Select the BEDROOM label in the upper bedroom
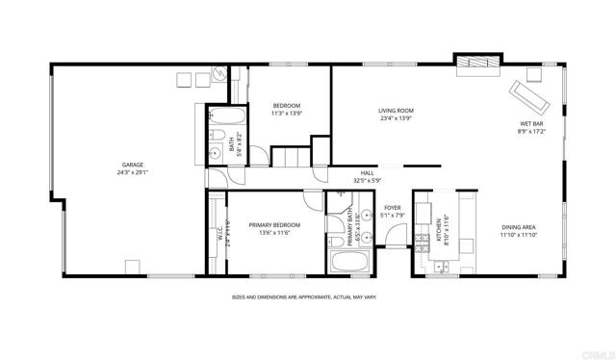pyautogui.click(x=287, y=105)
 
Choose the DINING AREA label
pyautogui.click(x=519, y=227)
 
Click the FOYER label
pyautogui.click(x=392, y=207)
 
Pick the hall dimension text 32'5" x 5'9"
pyautogui.click(x=368, y=180)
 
